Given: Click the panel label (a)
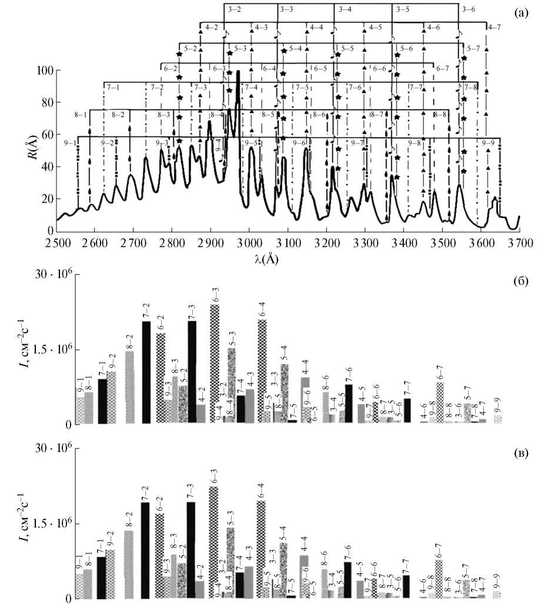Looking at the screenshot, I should click(520, 12).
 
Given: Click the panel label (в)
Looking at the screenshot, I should click(520, 453).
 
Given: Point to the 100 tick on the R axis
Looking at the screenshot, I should click(46, 71).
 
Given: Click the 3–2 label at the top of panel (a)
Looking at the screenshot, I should click(233, 10).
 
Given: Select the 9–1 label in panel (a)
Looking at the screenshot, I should click(70, 143).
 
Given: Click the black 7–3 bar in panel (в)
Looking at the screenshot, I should click(191, 550).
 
